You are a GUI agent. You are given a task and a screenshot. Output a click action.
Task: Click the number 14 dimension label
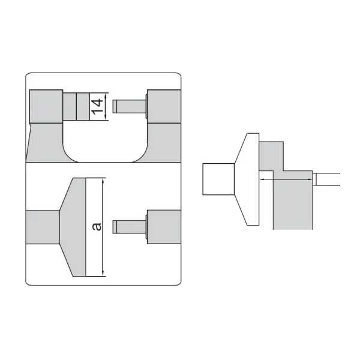(x=97, y=107)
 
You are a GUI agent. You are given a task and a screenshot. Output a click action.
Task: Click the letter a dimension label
(x=97, y=226)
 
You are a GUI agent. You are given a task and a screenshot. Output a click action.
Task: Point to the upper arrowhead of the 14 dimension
(x=106, y=95)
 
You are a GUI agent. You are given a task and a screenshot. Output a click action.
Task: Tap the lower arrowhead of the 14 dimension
(x=106, y=118)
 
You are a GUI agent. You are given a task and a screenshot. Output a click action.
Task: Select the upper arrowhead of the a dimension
(x=103, y=181)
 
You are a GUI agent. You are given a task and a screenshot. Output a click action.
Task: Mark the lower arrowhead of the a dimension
(x=103, y=274)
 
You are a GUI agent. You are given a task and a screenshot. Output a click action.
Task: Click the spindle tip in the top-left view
(x=115, y=106)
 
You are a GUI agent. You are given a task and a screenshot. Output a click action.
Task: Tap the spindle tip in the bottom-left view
(x=115, y=227)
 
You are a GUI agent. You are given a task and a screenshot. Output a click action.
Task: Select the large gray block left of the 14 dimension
(x=46, y=106)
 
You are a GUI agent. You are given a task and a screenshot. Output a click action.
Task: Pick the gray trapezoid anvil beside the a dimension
(x=73, y=227)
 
